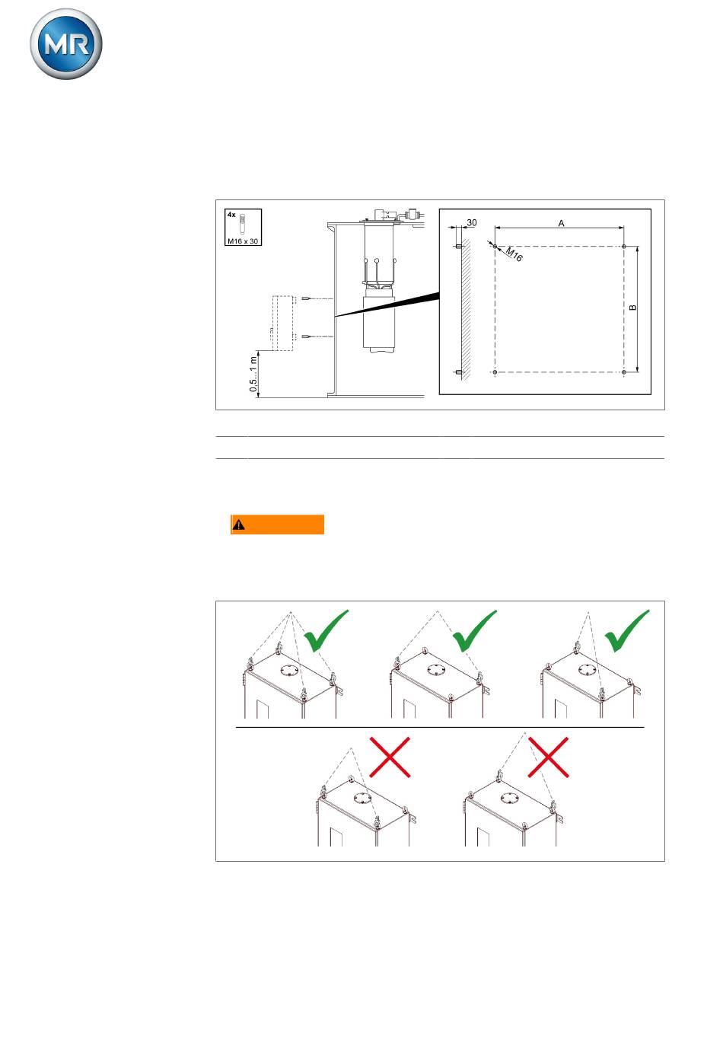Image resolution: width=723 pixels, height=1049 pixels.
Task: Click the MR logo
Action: pyautogui.click(x=66, y=44)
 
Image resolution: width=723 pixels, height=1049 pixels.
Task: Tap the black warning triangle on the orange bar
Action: pyautogui.click(x=238, y=524)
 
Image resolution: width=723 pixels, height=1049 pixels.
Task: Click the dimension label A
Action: pyautogui.click(x=561, y=223)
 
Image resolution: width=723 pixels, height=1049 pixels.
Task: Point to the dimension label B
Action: pyautogui.click(x=632, y=308)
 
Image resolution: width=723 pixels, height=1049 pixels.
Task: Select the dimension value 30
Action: pyautogui.click(x=472, y=223)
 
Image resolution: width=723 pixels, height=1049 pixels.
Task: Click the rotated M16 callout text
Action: pyautogui.click(x=514, y=254)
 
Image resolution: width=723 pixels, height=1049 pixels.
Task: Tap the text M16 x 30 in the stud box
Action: pyautogui.click(x=243, y=241)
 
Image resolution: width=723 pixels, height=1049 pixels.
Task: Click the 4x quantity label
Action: pyautogui.click(x=231, y=215)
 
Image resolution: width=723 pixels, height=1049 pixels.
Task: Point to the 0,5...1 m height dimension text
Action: pyautogui.click(x=253, y=375)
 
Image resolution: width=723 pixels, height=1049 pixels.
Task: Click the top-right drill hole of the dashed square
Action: pyautogui.click(x=624, y=247)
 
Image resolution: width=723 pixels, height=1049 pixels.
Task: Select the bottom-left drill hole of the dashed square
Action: pyautogui.click(x=495, y=372)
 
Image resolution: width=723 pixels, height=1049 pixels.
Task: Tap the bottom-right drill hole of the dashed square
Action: pyautogui.click(x=624, y=372)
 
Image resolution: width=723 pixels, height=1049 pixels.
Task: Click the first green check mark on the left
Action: pyautogui.click(x=326, y=630)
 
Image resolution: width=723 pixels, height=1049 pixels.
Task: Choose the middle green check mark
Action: pyautogui.click(x=474, y=630)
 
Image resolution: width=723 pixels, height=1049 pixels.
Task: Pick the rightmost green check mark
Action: pyautogui.click(x=627, y=630)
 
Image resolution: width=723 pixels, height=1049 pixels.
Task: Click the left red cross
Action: pyautogui.click(x=390, y=757)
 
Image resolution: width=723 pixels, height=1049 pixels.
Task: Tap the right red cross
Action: pyautogui.click(x=548, y=757)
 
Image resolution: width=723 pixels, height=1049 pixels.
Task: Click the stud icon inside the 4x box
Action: pyautogui.click(x=242, y=225)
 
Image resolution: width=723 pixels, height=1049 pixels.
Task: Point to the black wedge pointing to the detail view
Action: pyautogui.click(x=387, y=304)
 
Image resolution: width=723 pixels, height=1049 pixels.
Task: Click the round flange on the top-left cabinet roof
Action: pyautogui.click(x=289, y=671)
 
